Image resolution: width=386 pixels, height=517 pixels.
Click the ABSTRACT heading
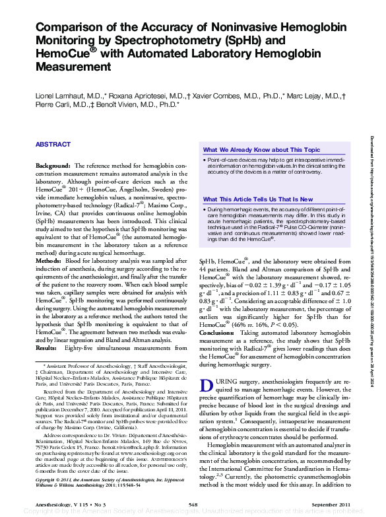coord(53,144)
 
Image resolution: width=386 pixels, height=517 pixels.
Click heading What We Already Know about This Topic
coord(261,150)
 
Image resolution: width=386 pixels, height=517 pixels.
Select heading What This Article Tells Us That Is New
coord(258,199)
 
